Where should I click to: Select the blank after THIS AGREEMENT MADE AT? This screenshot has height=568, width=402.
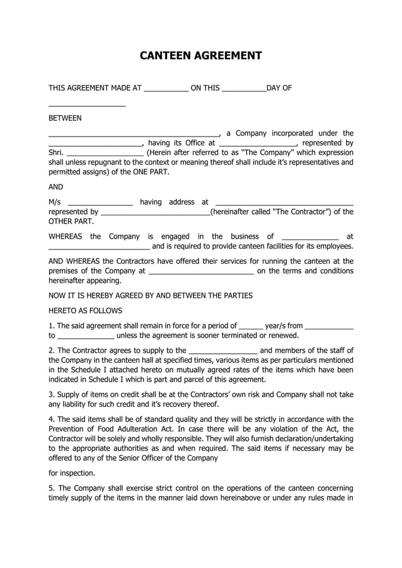[x=166, y=88]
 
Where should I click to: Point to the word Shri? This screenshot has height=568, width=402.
[x=56, y=152]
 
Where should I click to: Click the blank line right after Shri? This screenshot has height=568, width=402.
[x=105, y=152]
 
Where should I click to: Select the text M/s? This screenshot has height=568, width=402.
[x=55, y=202]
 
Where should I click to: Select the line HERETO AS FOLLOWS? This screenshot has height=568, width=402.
[x=85, y=310]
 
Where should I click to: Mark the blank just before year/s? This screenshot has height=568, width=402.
[x=251, y=326]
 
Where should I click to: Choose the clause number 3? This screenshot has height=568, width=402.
[x=51, y=395]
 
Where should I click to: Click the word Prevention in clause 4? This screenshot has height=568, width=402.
[x=67, y=429]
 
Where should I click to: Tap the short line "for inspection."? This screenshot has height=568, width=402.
[x=72, y=473]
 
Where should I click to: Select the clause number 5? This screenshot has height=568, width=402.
[x=51, y=488]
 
